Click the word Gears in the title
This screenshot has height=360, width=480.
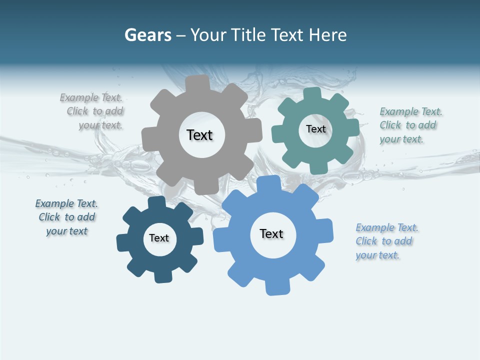click(x=147, y=35)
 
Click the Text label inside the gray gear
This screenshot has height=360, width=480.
click(x=199, y=135)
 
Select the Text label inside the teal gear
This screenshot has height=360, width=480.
click(x=315, y=129)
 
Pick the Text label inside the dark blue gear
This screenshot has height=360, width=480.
click(x=159, y=238)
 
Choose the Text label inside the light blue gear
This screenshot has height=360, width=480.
click(x=271, y=233)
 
